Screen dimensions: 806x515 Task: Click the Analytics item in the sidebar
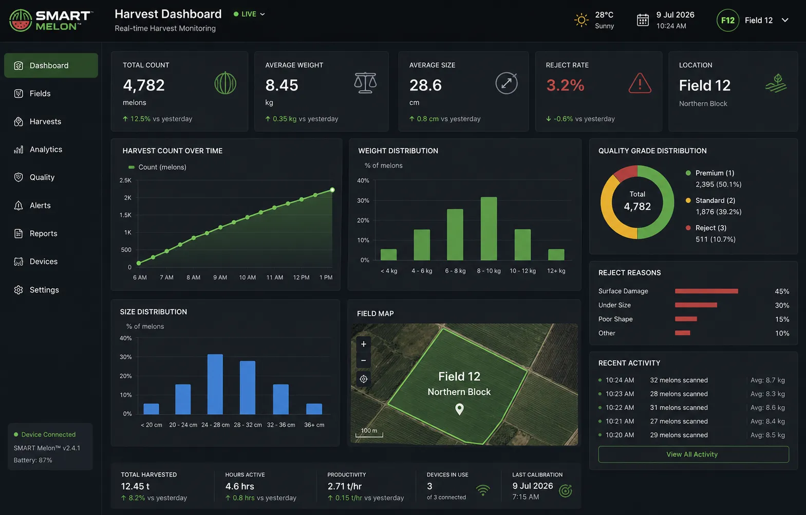[38, 150]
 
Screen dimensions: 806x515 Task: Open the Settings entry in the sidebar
[36, 290]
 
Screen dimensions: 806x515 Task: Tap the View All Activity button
[693, 454]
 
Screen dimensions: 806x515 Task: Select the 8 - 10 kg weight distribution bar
[489, 229]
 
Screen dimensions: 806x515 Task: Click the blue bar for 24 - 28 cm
[215, 384]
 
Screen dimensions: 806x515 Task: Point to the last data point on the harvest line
[332, 190]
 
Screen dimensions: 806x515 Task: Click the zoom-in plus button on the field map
[363, 344]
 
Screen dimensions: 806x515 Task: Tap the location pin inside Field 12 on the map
[459, 409]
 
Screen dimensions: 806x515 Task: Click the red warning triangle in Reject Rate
[640, 83]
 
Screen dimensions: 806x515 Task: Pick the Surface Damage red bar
[706, 291]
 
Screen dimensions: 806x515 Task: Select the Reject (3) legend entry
[710, 233]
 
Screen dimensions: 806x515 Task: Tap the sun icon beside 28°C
[581, 20]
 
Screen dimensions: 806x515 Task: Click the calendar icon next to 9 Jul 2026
[643, 20]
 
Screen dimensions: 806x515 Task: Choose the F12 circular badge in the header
[727, 20]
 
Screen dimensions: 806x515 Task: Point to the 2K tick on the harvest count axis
[128, 197]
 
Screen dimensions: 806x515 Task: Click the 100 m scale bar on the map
[369, 433]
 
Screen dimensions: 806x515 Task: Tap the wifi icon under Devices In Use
[483, 490]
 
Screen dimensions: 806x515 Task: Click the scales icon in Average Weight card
[365, 83]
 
